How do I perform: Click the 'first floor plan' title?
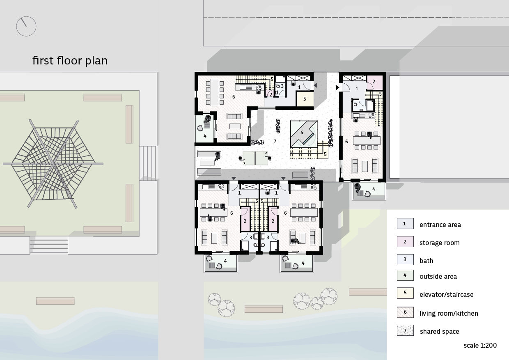[x=70, y=61]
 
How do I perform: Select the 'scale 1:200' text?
[x=480, y=345]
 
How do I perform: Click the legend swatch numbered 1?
[x=405, y=224]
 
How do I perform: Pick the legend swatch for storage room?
[x=405, y=242]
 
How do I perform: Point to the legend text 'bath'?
[x=426, y=261]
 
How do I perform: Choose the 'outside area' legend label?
[x=438, y=276]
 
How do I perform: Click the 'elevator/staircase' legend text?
[x=447, y=294]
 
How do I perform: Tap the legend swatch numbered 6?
[x=405, y=312]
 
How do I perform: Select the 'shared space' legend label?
[x=440, y=331]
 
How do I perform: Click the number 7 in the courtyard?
[x=275, y=142]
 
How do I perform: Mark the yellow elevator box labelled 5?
[x=305, y=99]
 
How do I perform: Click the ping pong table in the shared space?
[x=255, y=158]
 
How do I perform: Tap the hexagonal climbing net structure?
[x=53, y=164]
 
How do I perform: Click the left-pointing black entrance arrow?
[x=315, y=85]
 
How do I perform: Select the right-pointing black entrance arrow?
[x=338, y=87]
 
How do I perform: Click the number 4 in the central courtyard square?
[x=302, y=133]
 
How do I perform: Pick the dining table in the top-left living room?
[x=215, y=92]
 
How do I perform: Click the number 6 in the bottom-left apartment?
[x=232, y=213]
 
